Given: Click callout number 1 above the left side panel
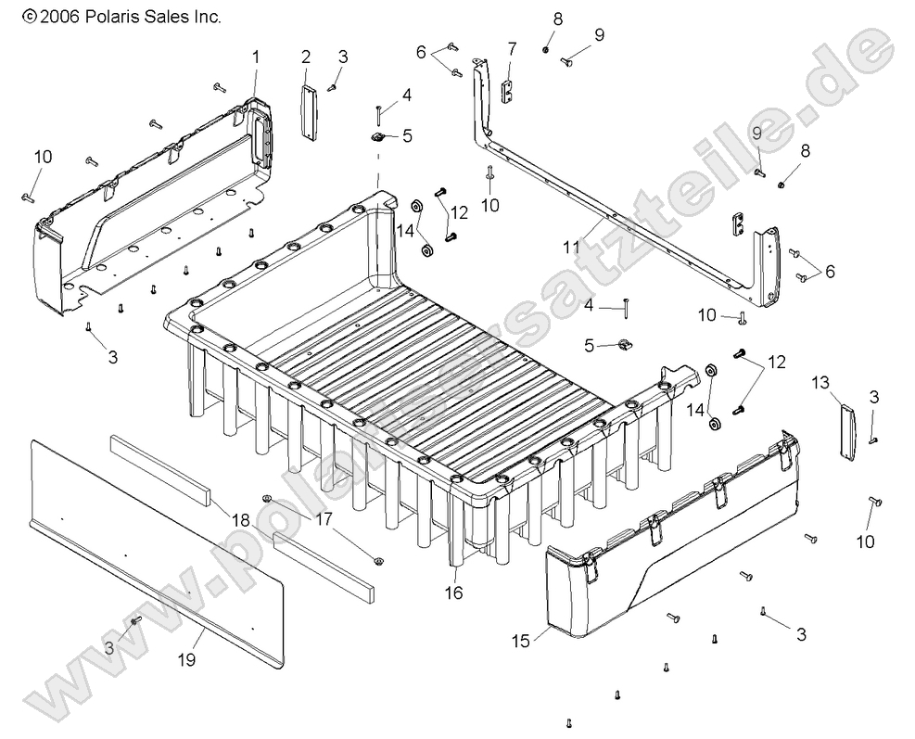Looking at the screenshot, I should point(256,58).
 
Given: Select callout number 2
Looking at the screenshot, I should point(306,58).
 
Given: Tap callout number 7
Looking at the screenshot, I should point(511,47).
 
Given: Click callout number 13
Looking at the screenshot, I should point(820,382).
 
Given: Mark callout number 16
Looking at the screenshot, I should point(454,590).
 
